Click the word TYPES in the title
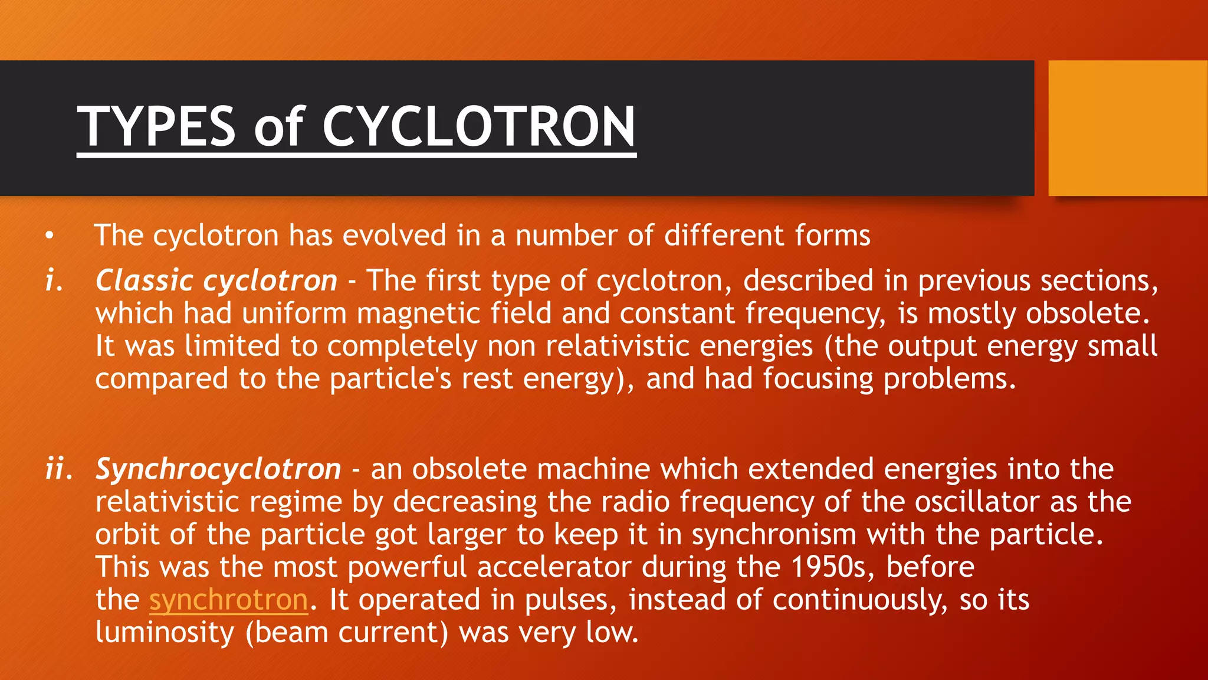(x=156, y=126)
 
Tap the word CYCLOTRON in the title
(x=478, y=126)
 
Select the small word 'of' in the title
(x=278, y=126)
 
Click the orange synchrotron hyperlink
(x=228, y=600)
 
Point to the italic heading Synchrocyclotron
(x=218, y=470)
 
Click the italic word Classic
(x=145, y=280)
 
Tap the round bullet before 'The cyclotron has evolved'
(x=50, y=236)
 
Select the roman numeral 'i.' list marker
(x=54, y=280)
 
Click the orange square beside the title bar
(x=1128, y=127)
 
